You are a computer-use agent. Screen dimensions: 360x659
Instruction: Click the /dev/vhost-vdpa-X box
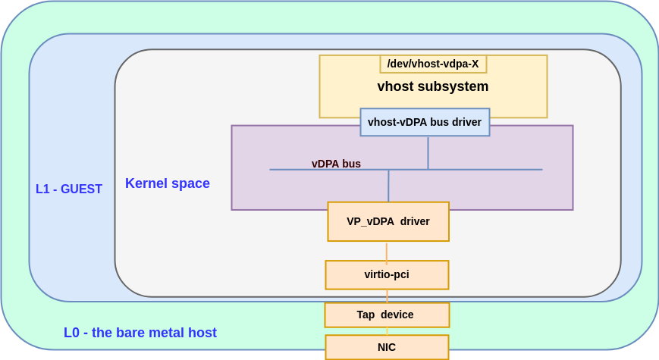(433, 64)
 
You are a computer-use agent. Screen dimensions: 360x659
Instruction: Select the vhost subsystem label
(432, 86)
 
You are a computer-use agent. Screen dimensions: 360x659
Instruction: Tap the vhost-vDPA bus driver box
(425, 122)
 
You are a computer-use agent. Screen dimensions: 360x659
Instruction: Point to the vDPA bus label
(336, 164)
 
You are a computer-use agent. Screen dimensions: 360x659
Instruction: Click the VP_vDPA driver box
(388, 221)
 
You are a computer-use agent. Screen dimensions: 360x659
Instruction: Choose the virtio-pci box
(387, 274)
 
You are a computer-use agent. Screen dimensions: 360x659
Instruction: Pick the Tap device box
(387, 315)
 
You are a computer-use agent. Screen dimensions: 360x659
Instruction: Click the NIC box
(387, 347)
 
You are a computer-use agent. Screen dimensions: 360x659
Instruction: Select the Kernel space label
(168, 183)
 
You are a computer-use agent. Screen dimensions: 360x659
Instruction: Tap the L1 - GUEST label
(69, 189)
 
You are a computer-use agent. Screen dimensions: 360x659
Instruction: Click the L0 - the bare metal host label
(140, 333)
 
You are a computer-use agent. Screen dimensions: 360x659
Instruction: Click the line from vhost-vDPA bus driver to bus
(428, 152)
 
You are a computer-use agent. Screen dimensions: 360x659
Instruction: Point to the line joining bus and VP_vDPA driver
(388, 186)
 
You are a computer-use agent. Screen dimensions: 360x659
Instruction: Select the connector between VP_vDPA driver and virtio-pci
(387, 251)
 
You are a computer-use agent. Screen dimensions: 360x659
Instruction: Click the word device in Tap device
(397, 315)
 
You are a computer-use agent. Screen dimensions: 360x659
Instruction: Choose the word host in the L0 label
(202, 333)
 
